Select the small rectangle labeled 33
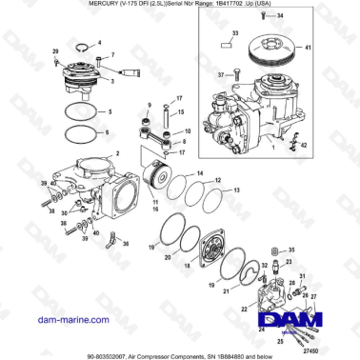coord(227,45)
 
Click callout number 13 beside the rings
coord(236,190)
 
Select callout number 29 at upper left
coord(55,50)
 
